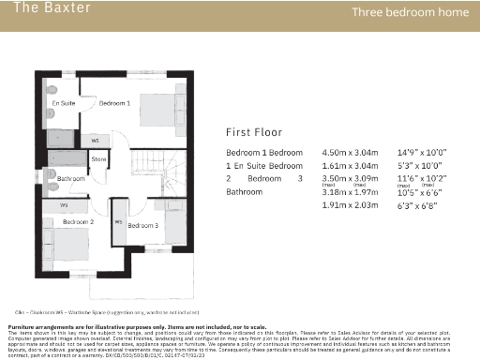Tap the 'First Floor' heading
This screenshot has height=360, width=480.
click(254, 132)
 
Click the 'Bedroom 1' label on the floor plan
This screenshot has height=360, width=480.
click(115, 102)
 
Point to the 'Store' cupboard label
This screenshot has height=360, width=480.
click(98, 160)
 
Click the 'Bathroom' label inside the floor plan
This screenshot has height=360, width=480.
click(71, 178)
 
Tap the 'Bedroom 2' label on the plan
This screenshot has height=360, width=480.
click(78, 222)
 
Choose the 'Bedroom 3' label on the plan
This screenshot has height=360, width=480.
click(142, 226)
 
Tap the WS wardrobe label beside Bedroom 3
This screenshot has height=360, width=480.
click(119, 222)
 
